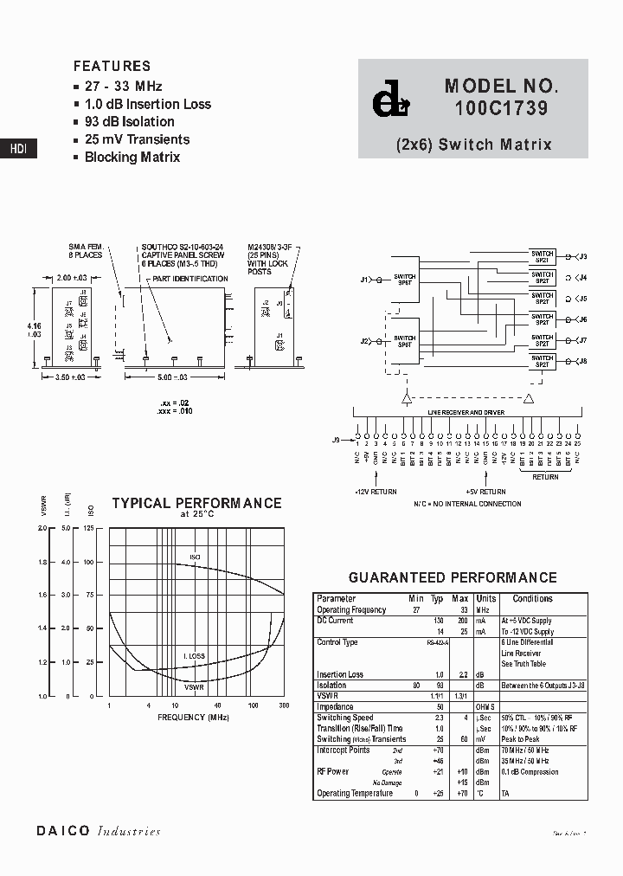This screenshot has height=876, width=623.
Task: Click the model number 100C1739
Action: (501, 110)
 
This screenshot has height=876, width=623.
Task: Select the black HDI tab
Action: (18, 149)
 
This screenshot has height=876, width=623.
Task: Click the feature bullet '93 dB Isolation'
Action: (129, 122)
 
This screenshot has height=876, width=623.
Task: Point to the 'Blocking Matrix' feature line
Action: (132, 158)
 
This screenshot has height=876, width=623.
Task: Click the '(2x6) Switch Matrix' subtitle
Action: (473, 145)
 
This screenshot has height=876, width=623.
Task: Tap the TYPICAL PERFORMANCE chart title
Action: (196, 503)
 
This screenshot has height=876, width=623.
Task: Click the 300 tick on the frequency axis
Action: (283, 706)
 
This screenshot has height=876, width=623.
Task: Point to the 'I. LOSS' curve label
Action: (194, 656)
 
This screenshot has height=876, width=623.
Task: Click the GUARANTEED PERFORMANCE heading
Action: (452, 577)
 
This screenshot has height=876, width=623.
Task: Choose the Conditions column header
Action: (532, 598)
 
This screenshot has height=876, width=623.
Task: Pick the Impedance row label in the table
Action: (335, 706)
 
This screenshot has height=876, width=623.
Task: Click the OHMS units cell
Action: (485, 706)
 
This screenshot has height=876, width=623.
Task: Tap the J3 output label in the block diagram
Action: (582, 257)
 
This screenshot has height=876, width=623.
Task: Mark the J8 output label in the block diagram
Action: (582, 360)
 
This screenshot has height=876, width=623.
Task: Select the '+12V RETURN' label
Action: (376, 491)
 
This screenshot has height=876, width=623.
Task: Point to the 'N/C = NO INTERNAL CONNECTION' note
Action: (466, 503)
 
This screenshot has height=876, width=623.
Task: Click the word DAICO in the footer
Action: (62, 831)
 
